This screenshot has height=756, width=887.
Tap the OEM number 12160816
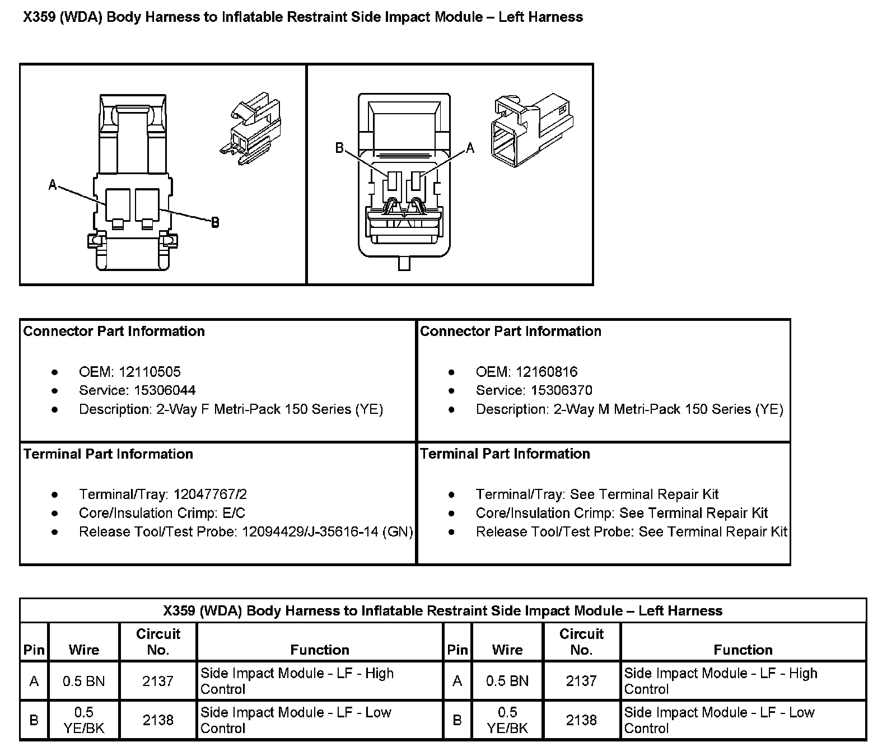click(x=547, y=372)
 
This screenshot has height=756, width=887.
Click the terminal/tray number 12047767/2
click(x=210, y=494)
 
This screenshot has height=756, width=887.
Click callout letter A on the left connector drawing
click(x=53, y=184)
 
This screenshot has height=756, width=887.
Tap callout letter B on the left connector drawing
click(x=214, y=223)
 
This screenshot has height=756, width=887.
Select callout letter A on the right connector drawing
click(x=470, y=148)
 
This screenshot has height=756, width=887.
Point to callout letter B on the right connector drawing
click(x=339, y=148)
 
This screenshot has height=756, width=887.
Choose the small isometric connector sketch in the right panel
click(x=533, y=129)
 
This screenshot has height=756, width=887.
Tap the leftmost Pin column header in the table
click(x=34, y=650)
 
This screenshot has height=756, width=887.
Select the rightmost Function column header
click(x=743, y=650)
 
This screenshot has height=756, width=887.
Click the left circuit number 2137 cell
click(x=158, y=681)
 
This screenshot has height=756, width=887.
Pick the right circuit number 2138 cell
click(x=581, y=720)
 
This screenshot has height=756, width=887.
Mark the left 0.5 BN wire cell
click(x=84, y=681)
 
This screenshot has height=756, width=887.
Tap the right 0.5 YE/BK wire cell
click(x=507, y=720)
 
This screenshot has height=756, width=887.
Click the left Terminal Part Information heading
click(x=108, y=454)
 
